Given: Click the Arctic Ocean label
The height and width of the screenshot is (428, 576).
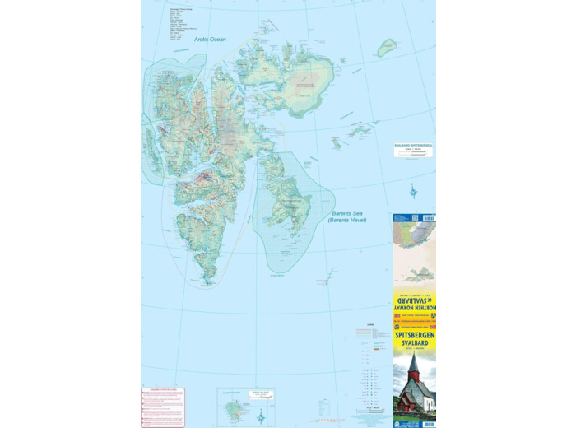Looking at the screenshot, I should [210, 39].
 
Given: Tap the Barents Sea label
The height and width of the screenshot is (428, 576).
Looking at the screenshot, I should [346, 216].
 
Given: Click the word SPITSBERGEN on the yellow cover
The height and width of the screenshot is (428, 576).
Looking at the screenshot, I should [414, 336].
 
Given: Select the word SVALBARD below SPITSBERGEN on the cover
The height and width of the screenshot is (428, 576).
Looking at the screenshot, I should [414, 343].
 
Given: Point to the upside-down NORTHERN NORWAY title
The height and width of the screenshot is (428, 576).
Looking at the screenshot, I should [414, 309].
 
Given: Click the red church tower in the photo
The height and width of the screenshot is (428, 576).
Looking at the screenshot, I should [413, 366].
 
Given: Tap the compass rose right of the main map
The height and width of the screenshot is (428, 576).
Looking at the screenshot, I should [413, 192].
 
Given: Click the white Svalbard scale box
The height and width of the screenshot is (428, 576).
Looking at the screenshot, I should [412, 150].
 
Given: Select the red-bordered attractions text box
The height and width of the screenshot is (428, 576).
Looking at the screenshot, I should [163, 407].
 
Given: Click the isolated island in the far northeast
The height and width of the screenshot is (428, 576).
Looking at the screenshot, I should [386, 48].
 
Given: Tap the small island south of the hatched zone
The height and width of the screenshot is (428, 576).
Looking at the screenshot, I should [327, 281].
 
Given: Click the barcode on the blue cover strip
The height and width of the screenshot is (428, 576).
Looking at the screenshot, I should [428, 218].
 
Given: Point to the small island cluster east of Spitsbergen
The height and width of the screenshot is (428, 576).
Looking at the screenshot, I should [358, 130].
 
